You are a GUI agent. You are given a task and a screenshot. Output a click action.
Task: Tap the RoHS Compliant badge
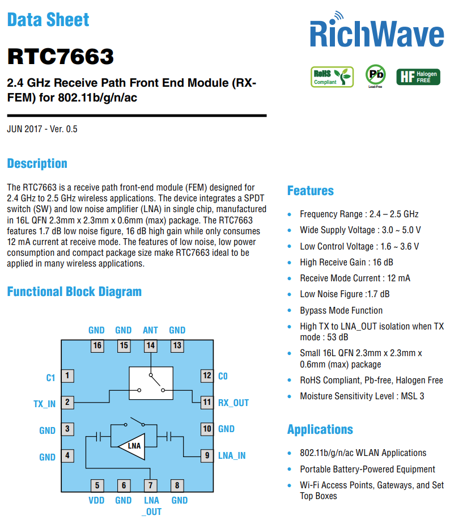pos(332,77)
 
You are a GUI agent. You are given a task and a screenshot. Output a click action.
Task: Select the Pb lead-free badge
pos(375,75)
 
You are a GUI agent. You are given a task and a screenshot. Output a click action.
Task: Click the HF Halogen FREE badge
pos(418,77)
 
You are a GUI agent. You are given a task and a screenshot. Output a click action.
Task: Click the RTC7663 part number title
pos(61,57)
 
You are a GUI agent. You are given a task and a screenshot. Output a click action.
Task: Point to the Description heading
pos(37,163)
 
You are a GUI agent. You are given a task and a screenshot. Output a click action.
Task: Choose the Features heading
pos(310,191)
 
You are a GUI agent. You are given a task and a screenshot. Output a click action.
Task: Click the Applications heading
pos(320,429)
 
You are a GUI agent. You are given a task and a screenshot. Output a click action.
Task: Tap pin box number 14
pos(150,345)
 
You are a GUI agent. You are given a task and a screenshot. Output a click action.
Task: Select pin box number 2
pos(67,403)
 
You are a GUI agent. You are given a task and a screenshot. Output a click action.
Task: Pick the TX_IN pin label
pos(44,404)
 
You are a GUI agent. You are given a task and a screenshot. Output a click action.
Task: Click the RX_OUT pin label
pos(233,403)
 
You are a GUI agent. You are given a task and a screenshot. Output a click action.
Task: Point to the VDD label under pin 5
pos(96,501)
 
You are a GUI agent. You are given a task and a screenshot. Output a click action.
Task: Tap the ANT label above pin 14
pos(150,330)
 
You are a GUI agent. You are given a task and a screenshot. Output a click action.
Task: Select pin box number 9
pos(207,455)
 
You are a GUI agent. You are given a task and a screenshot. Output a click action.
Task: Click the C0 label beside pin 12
pos(223,376)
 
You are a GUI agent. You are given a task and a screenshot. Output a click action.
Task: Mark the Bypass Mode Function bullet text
pos(341,310)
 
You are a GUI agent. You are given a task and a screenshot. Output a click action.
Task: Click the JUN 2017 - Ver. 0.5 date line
pos(43,129)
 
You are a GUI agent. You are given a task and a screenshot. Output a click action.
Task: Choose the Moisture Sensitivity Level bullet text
pos(362,396)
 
